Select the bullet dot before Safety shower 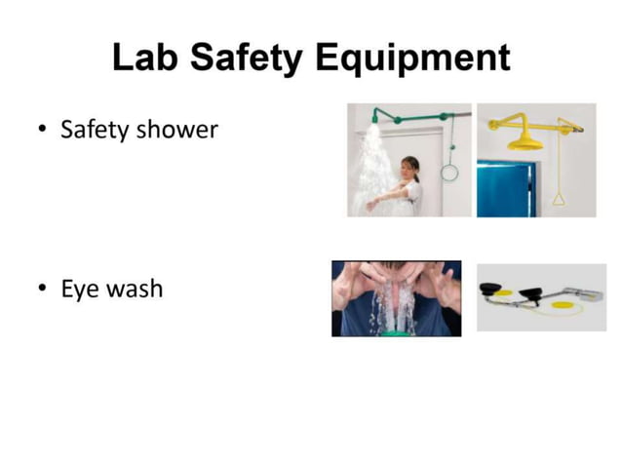tap(42, 131)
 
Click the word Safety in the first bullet tap(95, 130)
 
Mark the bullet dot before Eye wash tap(42, 290)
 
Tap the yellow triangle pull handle tap(559, 199)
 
